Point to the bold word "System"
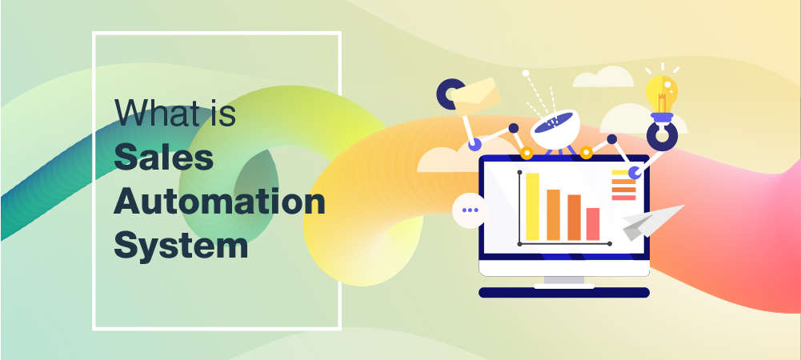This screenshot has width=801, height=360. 181,246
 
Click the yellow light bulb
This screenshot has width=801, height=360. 662,94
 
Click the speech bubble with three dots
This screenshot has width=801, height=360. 470,210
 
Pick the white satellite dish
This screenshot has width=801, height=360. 555,129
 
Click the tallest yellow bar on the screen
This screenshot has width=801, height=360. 532,206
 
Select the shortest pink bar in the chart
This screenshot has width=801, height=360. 593,224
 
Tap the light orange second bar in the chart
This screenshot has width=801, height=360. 553,214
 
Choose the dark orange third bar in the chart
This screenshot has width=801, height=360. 575,217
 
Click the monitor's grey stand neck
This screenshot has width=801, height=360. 564,280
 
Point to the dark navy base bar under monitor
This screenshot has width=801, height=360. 564,293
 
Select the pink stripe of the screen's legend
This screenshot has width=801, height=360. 623,198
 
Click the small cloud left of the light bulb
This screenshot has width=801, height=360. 603,77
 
